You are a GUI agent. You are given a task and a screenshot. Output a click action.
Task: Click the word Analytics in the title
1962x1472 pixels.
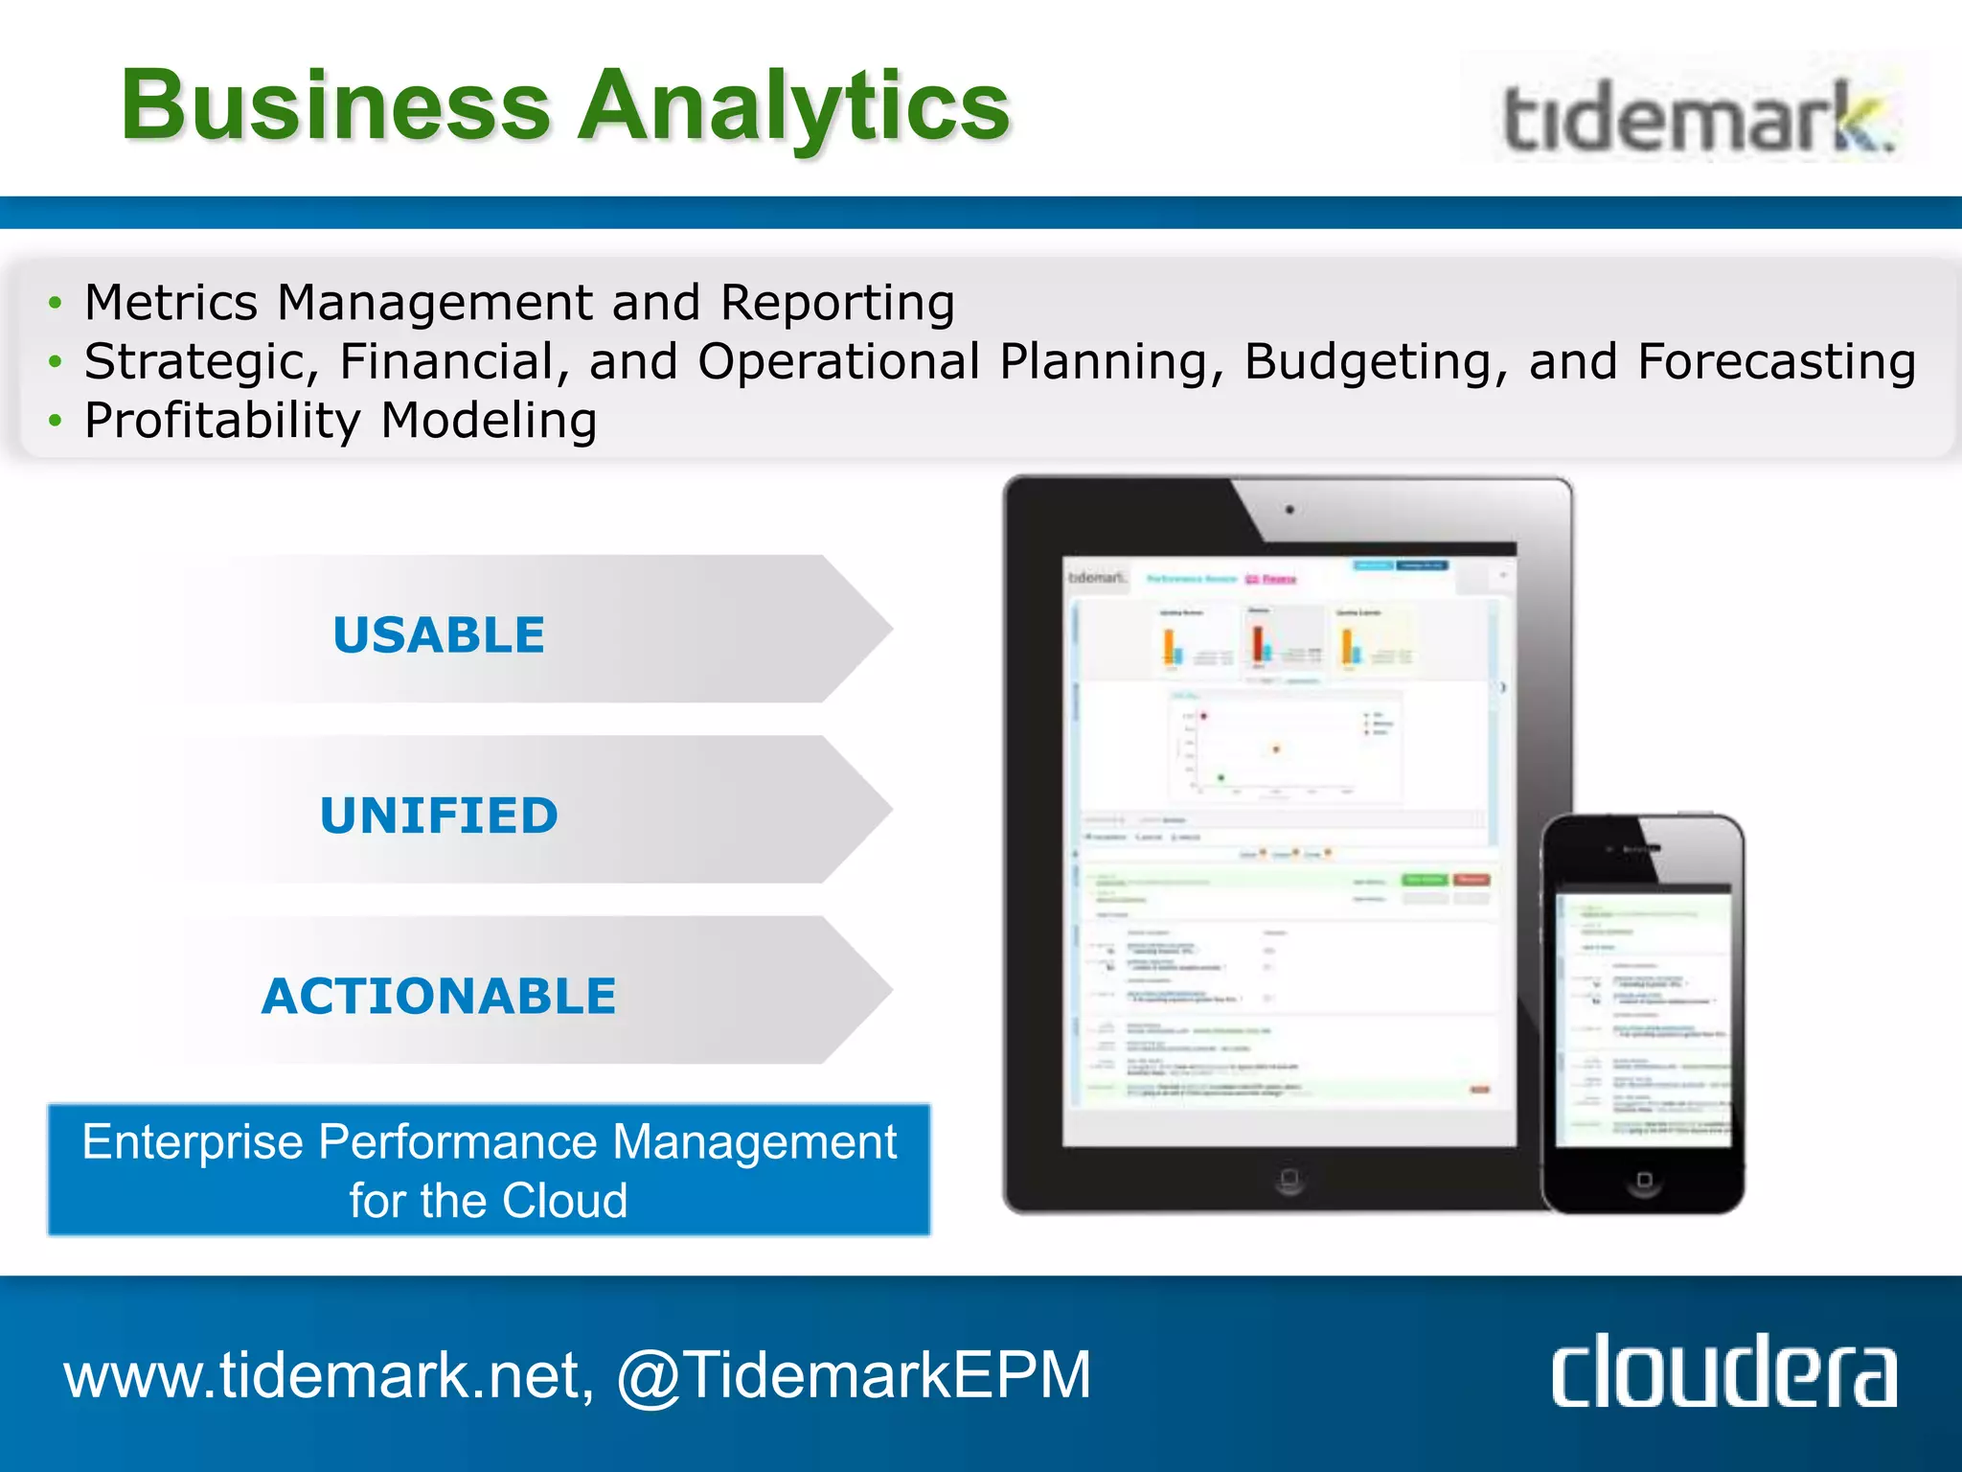pyautogui.click(x=794, y=107)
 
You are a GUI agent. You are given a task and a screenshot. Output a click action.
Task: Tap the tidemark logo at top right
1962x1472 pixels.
pyautogui.click(x=1697, y=120)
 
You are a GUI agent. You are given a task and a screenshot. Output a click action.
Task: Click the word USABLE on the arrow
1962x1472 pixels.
pyautogui.click(x=439, y=635)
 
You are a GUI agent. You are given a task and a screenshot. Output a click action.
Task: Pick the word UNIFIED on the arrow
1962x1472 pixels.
pyautogui.click(x=439, y=816)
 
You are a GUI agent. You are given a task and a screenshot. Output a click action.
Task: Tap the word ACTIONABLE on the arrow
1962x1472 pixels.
pyautogui.click(x=439, y=996)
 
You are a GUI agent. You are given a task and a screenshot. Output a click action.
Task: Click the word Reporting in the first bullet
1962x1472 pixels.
pyautogui.click(x=837, y=303)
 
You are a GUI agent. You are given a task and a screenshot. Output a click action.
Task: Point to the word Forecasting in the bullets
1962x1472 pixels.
pyautogui.click(x=1776, y=362)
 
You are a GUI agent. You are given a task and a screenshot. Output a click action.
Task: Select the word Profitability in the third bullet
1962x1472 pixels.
pyautogui.click(x=222, y=421)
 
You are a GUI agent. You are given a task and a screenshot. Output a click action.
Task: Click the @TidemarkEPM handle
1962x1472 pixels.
pyautogui.click(x=853, y=1374)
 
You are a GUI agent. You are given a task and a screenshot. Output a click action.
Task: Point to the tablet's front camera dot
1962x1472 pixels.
pyautogui.click(x=1289, y=510)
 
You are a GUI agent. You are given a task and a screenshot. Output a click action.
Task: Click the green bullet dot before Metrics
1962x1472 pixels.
pyautogui.click(x=56, y=304)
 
